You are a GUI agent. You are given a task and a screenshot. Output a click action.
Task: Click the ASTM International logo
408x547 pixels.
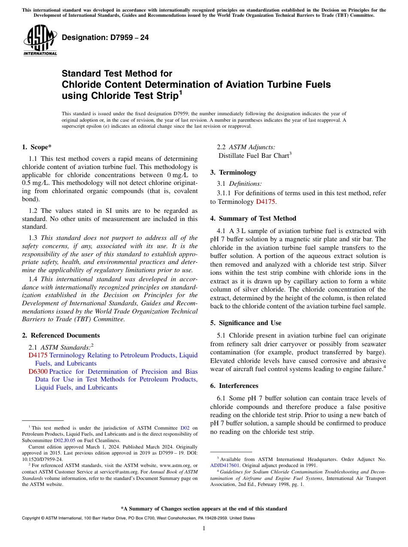tap(40, 41)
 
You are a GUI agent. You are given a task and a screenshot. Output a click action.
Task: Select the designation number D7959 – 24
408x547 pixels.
tap(105, 38)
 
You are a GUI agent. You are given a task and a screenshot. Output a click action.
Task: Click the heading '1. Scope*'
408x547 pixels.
tap(37, 147)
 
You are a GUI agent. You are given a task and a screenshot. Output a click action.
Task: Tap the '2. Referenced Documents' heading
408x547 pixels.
tap(61, 335)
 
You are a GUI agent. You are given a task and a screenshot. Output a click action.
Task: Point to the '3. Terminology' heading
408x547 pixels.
tap(233, 172)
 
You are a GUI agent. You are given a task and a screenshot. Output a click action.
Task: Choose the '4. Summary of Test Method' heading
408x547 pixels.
tap(253, 218)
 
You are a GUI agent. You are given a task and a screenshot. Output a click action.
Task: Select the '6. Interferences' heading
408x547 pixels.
tap(234, 386)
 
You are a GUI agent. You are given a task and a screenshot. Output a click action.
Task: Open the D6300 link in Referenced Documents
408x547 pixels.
tap(38, 372)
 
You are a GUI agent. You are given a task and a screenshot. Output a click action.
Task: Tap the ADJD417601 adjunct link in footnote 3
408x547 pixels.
tap(225, 465)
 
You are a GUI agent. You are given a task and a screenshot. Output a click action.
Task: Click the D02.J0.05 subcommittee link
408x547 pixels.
tap(64, 440)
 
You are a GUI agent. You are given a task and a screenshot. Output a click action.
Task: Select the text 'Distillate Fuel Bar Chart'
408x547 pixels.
tap(253, 156)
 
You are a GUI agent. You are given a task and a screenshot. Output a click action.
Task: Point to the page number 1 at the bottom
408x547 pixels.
tap(204, 529)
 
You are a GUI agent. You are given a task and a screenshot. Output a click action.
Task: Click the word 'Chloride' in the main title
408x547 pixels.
tap(81, 85)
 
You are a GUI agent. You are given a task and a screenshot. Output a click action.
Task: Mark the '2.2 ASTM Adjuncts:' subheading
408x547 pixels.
tap(246, 147)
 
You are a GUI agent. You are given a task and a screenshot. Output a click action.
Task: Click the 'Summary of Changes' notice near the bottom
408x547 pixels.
tap(204, 509)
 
